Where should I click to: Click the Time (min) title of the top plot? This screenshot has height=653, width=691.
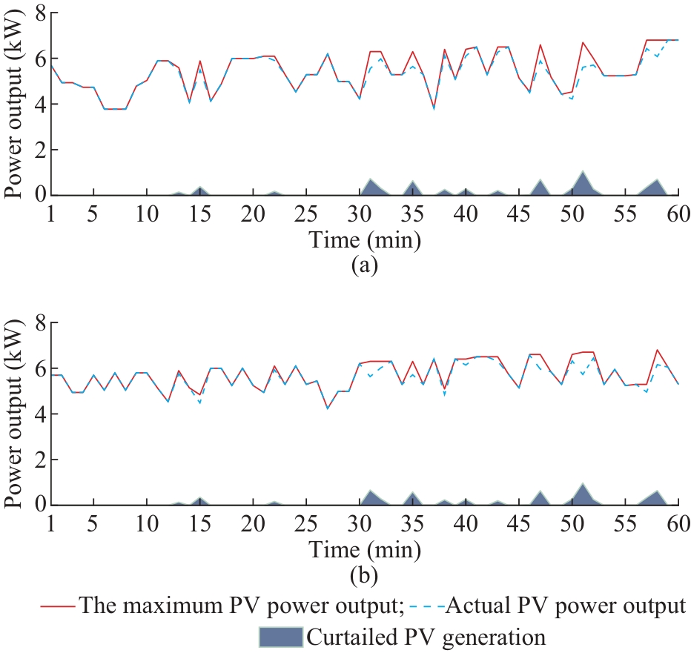[364, 239]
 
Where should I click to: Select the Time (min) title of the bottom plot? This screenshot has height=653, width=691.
[364, 548]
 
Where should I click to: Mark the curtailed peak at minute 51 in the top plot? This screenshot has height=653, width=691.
[583, 172]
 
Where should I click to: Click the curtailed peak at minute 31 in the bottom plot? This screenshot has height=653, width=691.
[370, 491]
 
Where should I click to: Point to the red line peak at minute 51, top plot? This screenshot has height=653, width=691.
[583, 42]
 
